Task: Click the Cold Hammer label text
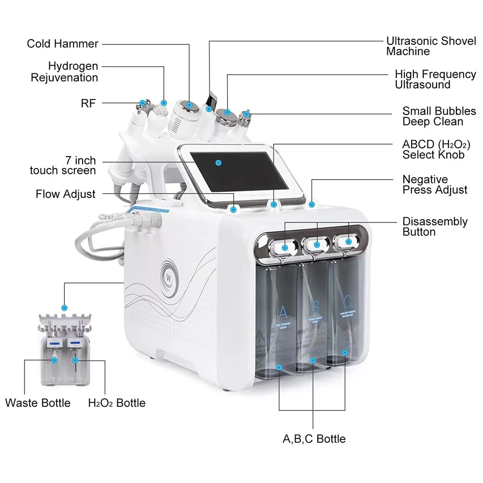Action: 62,44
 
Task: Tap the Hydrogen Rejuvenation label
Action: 65,71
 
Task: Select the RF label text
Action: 88,102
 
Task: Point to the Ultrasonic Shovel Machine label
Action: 431,46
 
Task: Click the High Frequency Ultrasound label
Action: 435,79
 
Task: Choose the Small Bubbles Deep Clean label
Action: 439,116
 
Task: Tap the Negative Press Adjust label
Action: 435,185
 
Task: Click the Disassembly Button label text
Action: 435,227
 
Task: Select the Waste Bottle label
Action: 38,403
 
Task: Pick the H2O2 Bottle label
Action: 116,403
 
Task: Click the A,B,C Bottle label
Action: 314,439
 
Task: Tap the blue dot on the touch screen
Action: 218,163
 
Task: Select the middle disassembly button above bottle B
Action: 317,245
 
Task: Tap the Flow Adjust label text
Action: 66,194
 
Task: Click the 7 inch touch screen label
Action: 63,165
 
